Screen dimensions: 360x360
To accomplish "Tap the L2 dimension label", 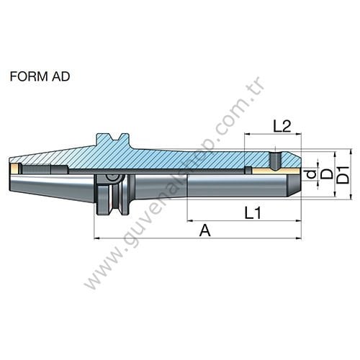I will pyautogui.click(x=282, y=126).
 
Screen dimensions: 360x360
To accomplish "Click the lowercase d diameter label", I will pyautogui.click(x=310, y=174).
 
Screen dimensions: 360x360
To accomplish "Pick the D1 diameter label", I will pyautogui.click(x=343, y=174).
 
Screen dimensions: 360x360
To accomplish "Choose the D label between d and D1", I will pyautogui.click(x=325, y=174).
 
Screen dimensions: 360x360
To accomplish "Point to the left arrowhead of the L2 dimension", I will pyautogui.click(x=247, y=135).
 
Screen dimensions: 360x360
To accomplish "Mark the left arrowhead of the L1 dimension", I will pyautogui.click(x=189, y=219).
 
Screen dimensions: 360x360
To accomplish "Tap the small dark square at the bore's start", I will pyautogui.click(x=248, y=171).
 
